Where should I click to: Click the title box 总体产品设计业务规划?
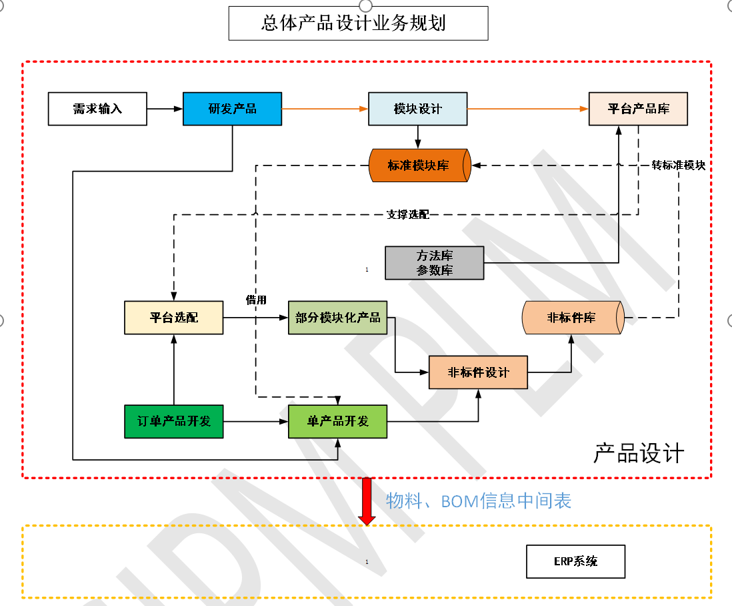[x=358, y=23]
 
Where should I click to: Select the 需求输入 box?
[x=97, y=109]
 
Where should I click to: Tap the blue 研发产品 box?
[x=232, y=109]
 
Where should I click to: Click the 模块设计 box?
[x=417, y=109]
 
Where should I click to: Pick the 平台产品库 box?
[x=638, y=109]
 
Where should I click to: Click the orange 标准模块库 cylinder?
[x=419, y=166]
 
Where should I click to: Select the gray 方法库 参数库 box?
[x=434, y=263]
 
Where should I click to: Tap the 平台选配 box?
[x=173, y=318]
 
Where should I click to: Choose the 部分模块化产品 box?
[x=337, y=318]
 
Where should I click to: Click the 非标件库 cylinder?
[x=572, y=318]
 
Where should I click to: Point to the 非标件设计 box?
[x=478, y=372]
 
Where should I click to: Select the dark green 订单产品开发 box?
[x=173, y=421]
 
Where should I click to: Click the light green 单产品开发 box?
[x=337, y=421]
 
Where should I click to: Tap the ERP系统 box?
[x=575, y=561]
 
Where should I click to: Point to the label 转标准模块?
[x=678, y=166]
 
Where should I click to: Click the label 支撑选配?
[x=407, y=215]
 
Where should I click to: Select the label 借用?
[x=256, y=300]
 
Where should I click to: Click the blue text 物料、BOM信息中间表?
[x=479, y=501]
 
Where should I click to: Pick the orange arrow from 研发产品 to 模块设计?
[x=325, y=109]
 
